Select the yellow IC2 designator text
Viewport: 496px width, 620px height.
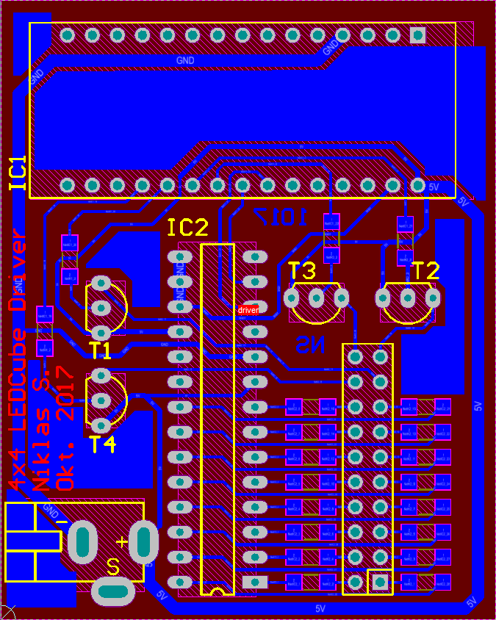point(188,228)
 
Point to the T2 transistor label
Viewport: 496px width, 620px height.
point(425,271)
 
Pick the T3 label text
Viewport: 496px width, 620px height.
point(302,271)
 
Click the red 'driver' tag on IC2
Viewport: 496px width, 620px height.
point(248,311)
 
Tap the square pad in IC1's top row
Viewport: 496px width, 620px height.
point(417,35)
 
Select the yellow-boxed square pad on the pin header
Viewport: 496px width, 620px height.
point(380,582)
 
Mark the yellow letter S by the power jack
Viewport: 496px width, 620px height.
point(113,567)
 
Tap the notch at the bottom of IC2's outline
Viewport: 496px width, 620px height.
point(217,591)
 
